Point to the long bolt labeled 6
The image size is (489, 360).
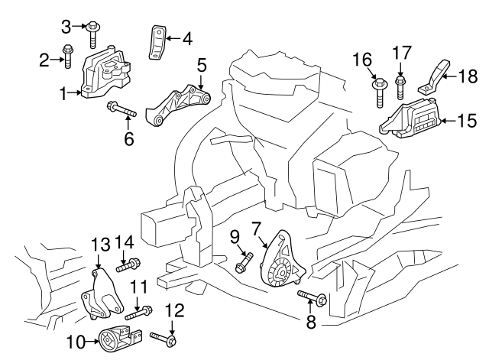pos(121,111)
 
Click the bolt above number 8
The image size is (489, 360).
pos(309,297)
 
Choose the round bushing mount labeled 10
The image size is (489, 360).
pos(116,338)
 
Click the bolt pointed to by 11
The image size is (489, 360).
pos(138,313)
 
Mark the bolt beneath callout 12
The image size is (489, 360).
pos(164,338)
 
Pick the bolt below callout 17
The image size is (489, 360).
pos(400,86)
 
